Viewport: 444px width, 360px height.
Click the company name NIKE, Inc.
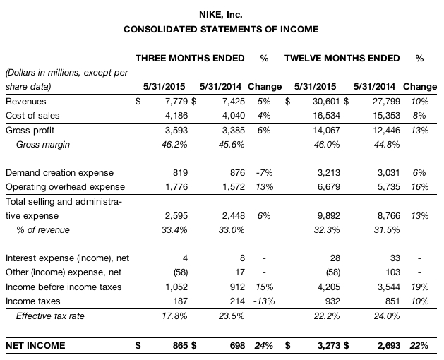coord(221,13)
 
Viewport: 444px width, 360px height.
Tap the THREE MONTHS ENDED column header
coord(190,57)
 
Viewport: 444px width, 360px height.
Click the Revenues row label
coord(25,102)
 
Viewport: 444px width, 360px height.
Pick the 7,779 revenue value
coord(176,102)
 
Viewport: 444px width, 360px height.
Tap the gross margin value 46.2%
coord(175,145)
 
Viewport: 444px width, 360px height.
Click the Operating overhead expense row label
coord(65,187)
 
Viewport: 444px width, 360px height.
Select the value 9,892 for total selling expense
coord(330,216)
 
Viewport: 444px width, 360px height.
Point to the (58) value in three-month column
coord(181,272)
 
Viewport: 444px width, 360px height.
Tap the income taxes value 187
coord(181,301)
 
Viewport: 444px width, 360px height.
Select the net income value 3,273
coord(330,346)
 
